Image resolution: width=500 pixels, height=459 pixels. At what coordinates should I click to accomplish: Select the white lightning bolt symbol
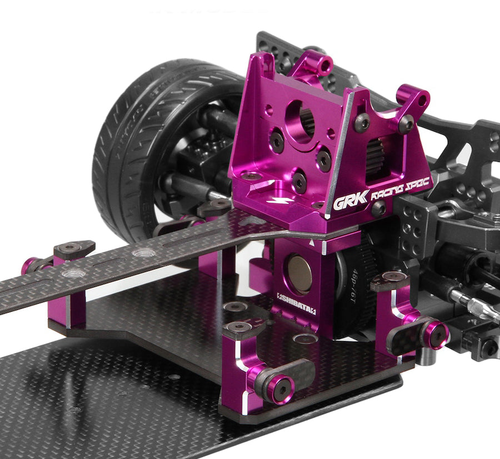[x=274, y=201]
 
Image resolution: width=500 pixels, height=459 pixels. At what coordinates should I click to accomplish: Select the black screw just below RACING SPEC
[x=379, y=209]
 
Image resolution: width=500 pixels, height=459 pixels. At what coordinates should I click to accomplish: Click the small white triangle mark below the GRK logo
[x=315, y=243]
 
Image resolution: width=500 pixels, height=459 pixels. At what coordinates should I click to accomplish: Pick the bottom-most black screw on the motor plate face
[x=299, y=180]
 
